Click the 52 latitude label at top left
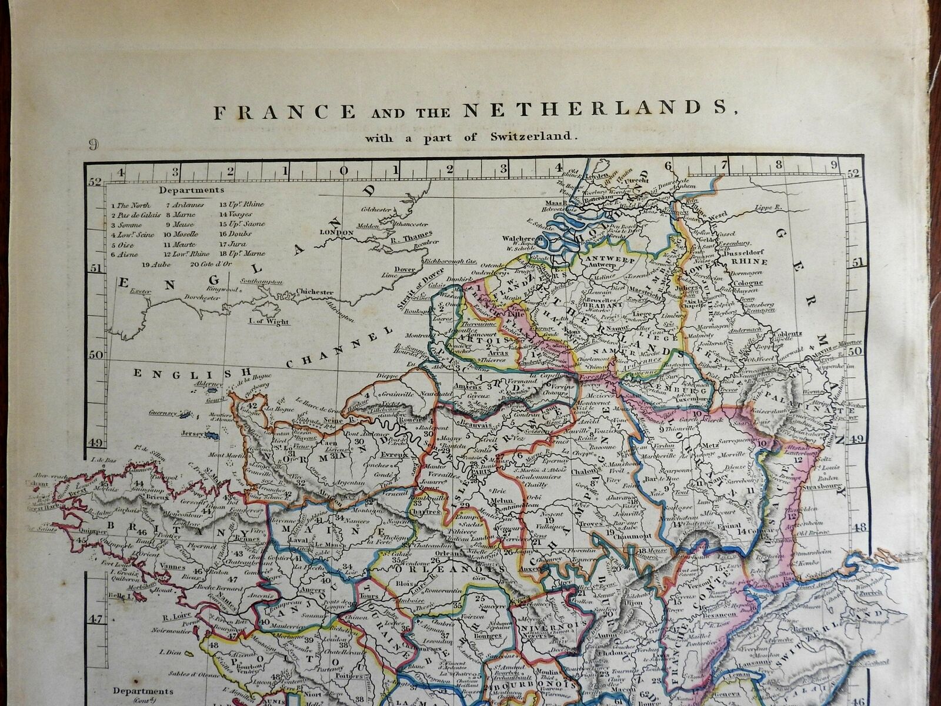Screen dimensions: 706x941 click(95, 182)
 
